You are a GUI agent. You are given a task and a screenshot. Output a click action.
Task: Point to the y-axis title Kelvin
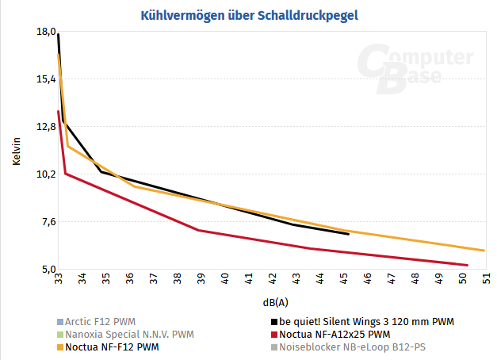coord(17,151)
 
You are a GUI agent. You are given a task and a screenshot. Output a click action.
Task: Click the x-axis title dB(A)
coord(275,302)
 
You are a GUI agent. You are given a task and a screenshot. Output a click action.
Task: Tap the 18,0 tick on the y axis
coord(45,32)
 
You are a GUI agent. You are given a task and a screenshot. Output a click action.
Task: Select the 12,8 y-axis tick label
coord(45,127)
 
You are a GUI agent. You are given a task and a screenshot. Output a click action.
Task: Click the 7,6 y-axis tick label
coord(45,222)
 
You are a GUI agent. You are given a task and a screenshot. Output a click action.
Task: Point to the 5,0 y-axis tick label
coord(45,270)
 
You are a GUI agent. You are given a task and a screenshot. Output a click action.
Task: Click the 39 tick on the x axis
coord(201,278)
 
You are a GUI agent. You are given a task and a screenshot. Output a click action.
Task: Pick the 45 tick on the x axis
coord(344,278)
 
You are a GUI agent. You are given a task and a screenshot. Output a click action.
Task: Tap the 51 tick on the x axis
coord(486,278)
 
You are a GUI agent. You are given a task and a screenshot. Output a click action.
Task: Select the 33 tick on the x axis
coord(59,278)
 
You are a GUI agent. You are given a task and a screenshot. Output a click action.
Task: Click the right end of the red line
coord(468,265)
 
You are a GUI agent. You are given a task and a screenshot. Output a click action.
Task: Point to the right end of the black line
coord(349,234)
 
